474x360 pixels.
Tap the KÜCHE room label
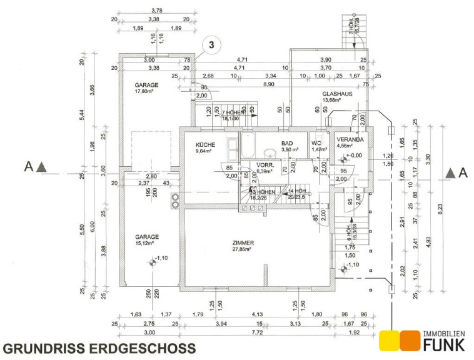point(205,144)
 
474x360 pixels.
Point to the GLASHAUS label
point(338,94)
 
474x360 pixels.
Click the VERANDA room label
point(350,139)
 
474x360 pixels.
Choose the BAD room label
point(287,143)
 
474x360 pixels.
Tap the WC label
point(317,143)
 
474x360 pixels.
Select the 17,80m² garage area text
point(144,91)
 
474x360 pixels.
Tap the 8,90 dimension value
point(269,84)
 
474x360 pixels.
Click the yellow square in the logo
point(390,339)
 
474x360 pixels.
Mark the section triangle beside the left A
point(41,167)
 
